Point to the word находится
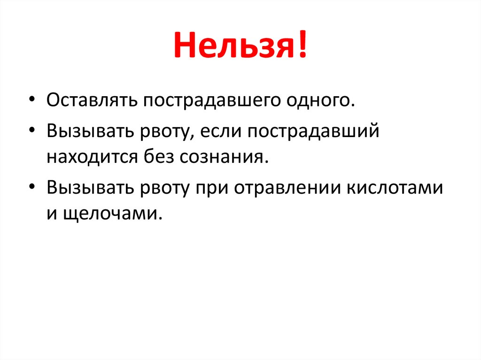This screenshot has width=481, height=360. coord(92,156)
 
